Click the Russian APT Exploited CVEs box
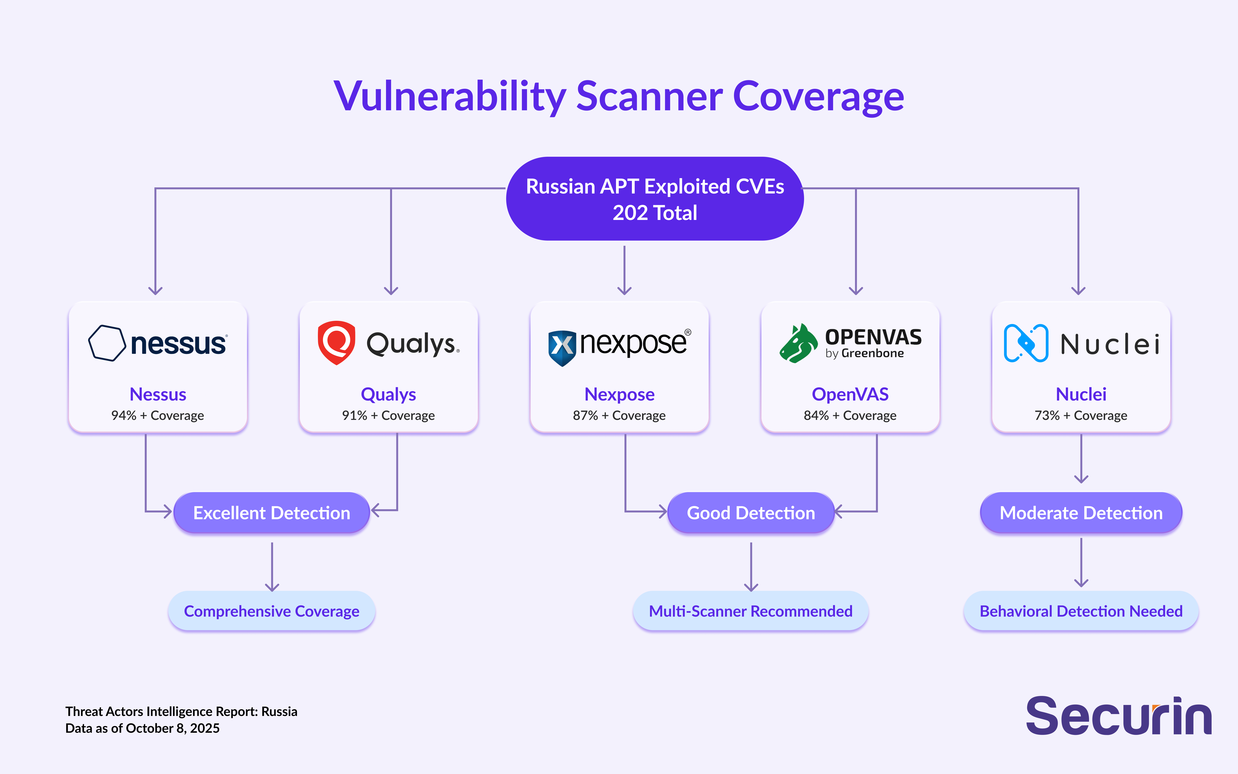coord(655,199)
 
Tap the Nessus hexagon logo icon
coord(107,343)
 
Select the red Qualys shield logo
coord(336,342)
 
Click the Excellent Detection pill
coord(272,512)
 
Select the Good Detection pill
coord(751,512)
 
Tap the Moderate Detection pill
coord(1081,512)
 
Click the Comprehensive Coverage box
coord(272,611)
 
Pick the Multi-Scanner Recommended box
coord(751,611)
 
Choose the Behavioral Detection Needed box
coord(1081,611)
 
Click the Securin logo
coord(1119,716)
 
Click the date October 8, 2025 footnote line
coord(142,728)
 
